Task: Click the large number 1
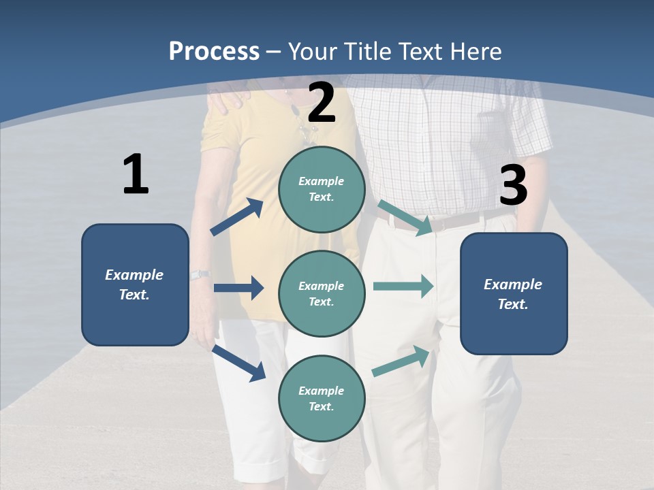coord(136,175)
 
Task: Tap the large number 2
coord(322,103)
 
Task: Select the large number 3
coord(514,186)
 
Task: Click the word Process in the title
coord(214,51)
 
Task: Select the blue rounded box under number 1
coord(135,284)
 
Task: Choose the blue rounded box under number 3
coord(514,293)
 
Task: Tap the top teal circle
coord(322,189)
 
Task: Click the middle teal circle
coord(322,293)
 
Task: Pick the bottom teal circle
coord(322,398)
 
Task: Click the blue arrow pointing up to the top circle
coord(237,217)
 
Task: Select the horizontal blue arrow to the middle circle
coord(238,288)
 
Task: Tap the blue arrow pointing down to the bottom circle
coord(238,362)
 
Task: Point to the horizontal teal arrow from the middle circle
coord(403,287)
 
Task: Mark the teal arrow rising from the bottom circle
coord(401,361)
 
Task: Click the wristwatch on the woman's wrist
coord(200,275)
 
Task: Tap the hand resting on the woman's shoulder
coord(230,98)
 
